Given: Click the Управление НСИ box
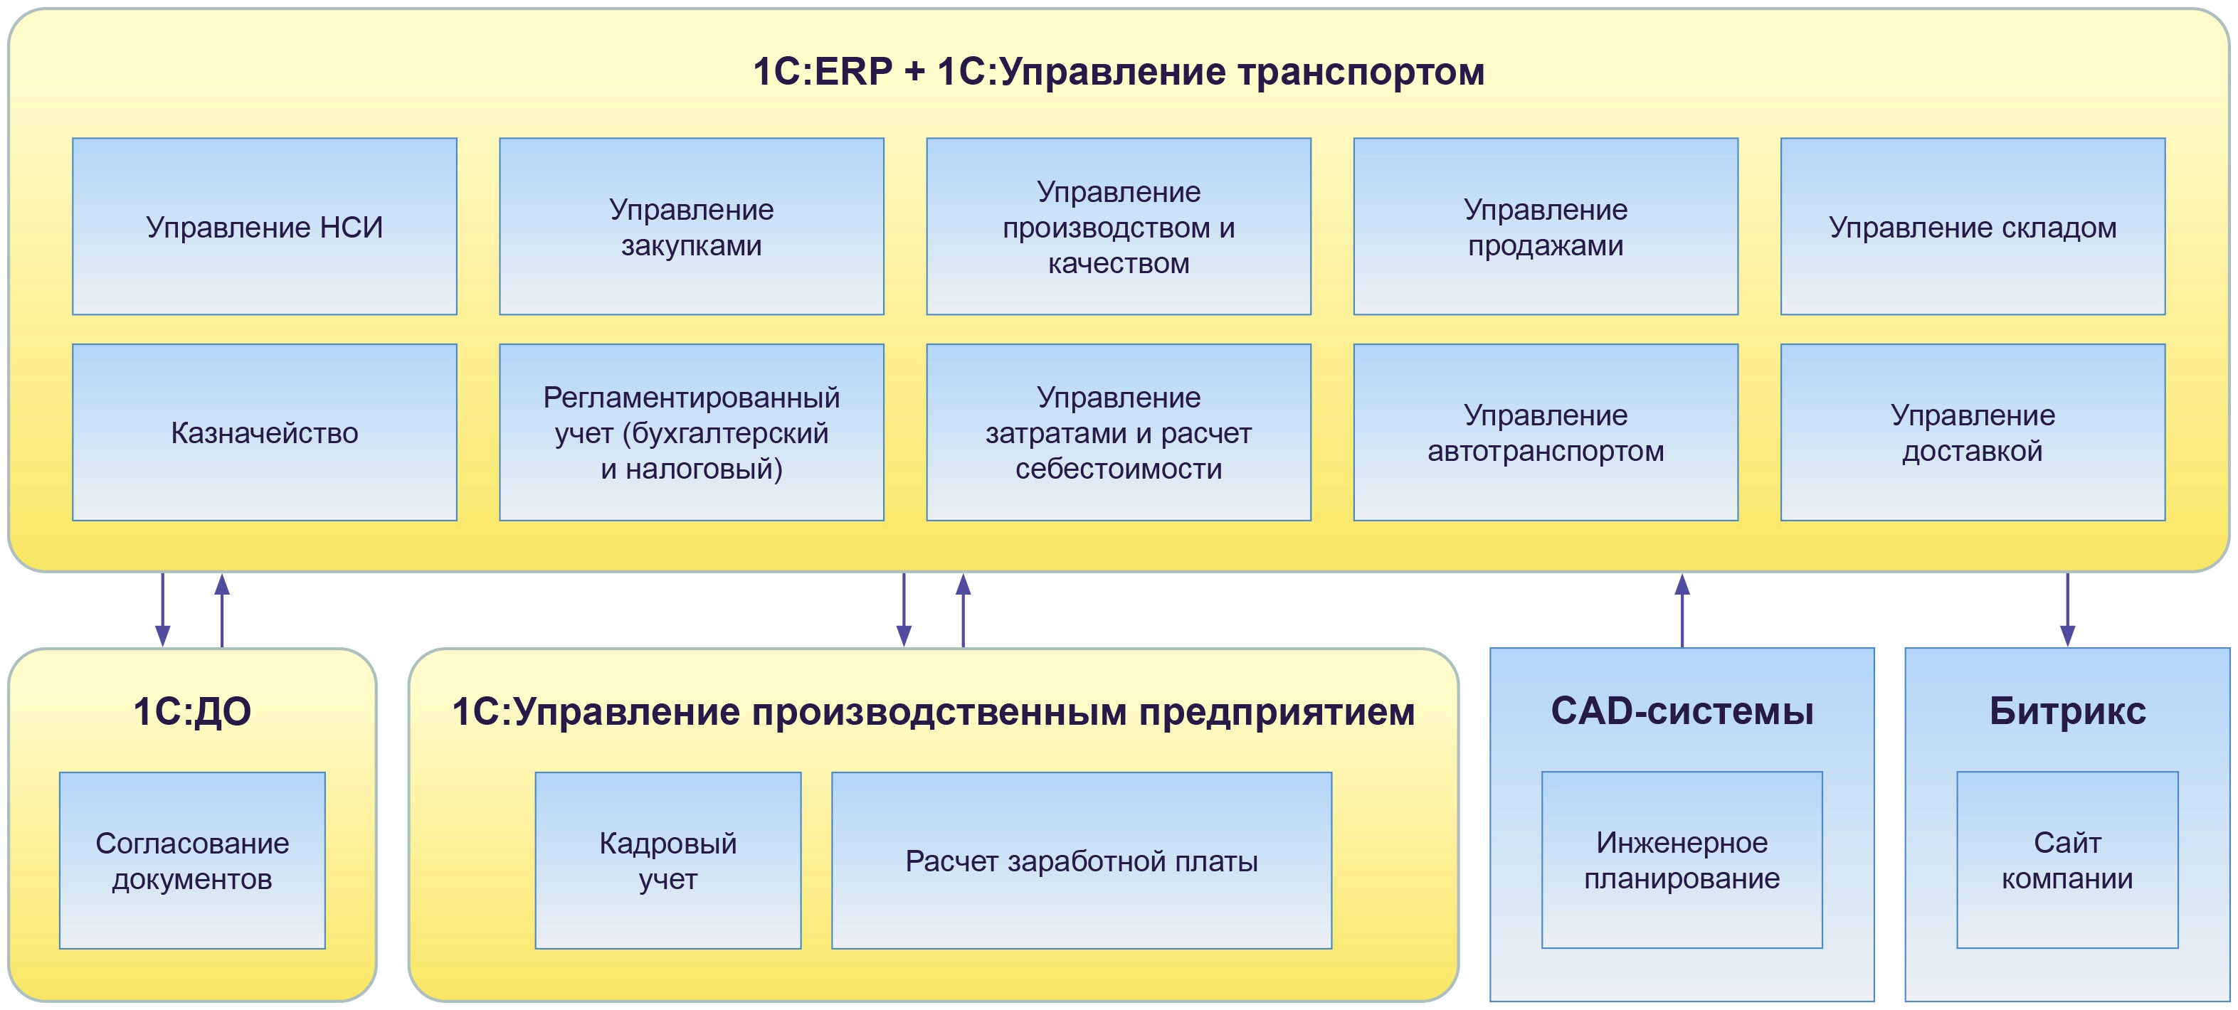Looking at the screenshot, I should tap(264, 227).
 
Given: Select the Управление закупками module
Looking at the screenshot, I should tap(691, 227).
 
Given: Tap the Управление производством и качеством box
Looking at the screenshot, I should tap(1118, 227).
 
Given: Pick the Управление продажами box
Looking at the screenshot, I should tap(1546, 227).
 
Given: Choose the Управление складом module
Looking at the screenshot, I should tap(1972, 227).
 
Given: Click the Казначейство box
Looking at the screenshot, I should tap(264, 432).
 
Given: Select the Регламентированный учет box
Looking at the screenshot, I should tap(691, 432).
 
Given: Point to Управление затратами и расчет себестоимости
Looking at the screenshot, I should tap(1118, 432).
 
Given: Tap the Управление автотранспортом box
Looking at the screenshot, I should tap(1546, 432).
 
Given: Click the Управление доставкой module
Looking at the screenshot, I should tap(1972, 432).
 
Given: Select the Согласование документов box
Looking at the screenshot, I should tap(192, 861).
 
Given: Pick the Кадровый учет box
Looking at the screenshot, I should tap(667, 861).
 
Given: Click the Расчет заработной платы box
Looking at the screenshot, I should tap(1081, 861).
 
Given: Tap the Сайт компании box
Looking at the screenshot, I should tap(2067, 860).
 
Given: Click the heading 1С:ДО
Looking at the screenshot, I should tap(192, 711).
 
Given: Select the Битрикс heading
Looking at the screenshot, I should tap(2067, 711).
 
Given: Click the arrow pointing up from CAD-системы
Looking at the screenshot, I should tap(1682, 610).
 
